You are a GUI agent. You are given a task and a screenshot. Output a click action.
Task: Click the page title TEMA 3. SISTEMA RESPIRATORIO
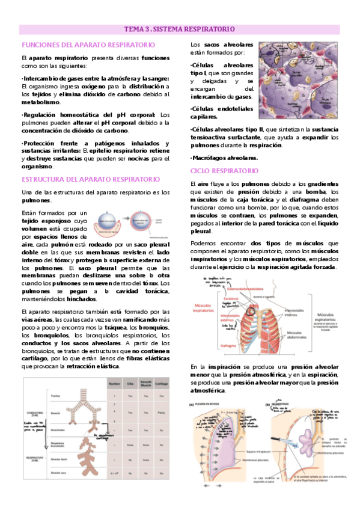click(180, 28)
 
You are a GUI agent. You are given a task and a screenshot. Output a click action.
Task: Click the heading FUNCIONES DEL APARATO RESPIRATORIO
click(88, 45)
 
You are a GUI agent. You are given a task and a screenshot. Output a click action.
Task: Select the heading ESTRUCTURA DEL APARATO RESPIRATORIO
click(91, 179)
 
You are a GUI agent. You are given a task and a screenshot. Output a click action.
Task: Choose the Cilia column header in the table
click(130, 384)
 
